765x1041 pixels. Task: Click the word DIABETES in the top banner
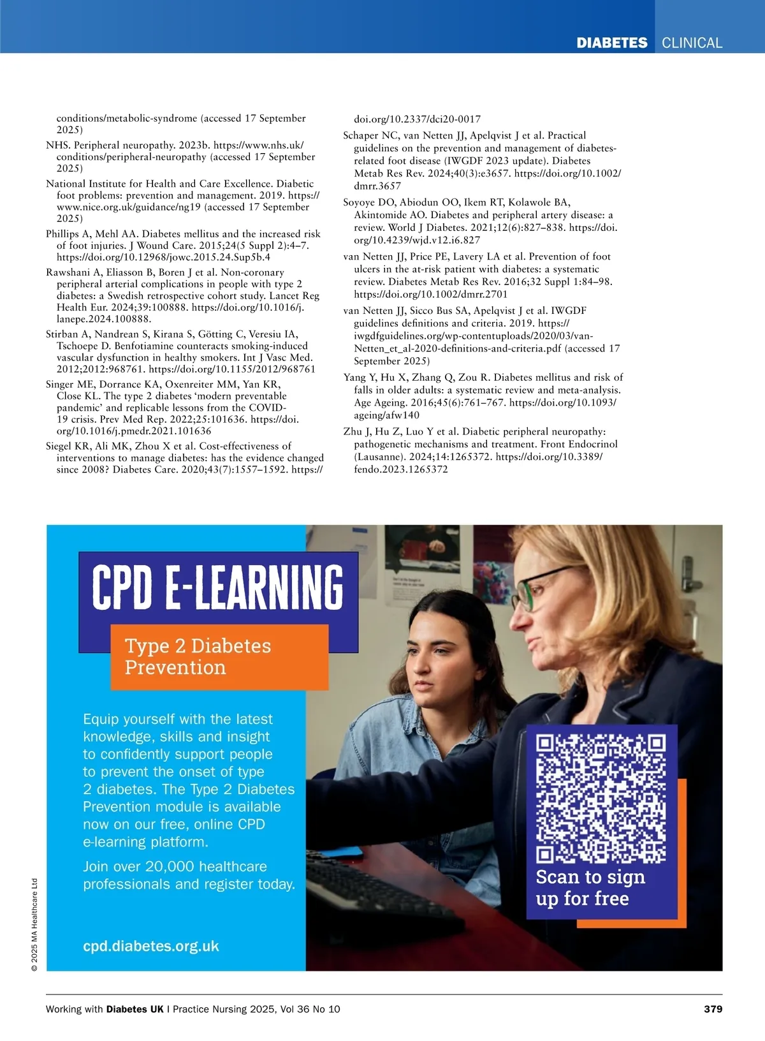pos(611,43)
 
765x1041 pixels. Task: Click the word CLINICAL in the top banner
pos(692,43)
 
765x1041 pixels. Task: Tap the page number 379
pos(713,1008)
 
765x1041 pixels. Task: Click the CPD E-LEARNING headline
pos(217,586)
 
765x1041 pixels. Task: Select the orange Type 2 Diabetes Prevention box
pos(219,656)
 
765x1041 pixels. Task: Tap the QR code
pos(601,799)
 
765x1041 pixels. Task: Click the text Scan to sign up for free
pos(590,887)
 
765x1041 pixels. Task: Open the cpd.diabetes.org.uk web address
pos(151,946)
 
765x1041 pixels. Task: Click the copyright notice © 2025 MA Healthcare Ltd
pos(34,925)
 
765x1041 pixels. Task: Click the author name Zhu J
pos(357,432)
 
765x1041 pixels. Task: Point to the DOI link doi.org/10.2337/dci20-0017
pos(417,119)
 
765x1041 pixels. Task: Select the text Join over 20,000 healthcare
pos(175,866)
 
